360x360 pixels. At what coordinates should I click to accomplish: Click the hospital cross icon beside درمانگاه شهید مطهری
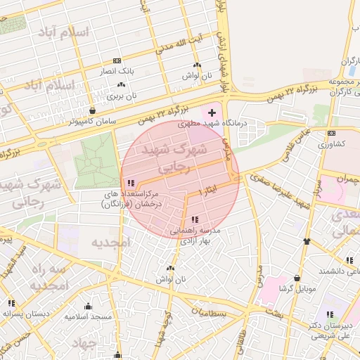pos(212,112)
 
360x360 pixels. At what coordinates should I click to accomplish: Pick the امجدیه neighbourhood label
pos(111,242)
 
